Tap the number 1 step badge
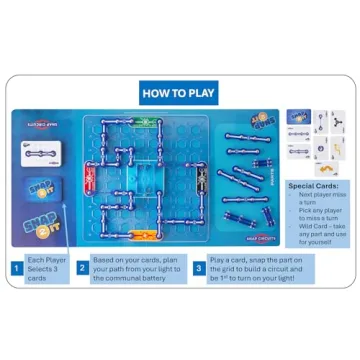click(17, 267)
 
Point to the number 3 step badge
click(199, 267)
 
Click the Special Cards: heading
click(314, 186)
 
